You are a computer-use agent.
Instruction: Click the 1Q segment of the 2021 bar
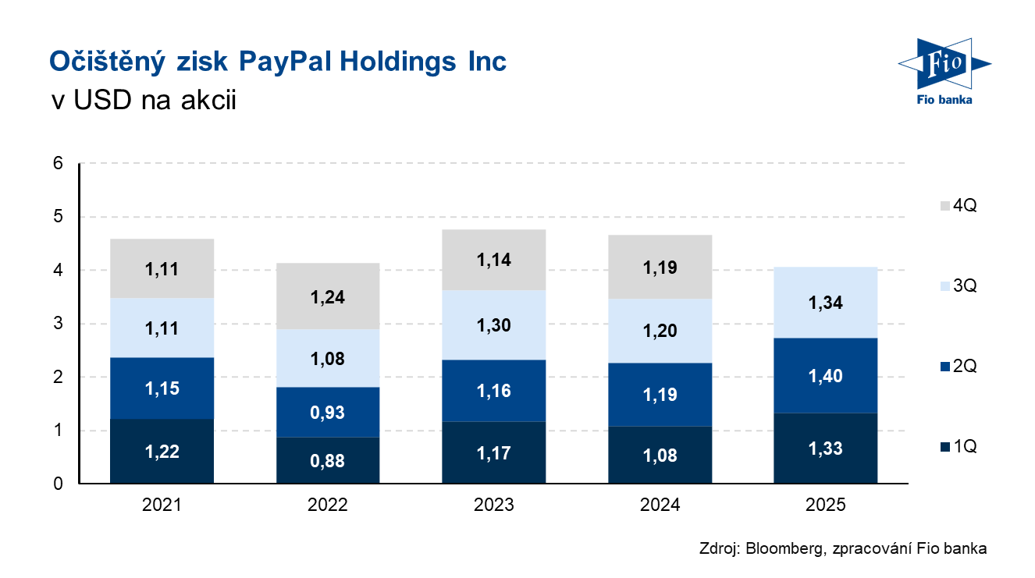pyautogui.click(x=162, y=452)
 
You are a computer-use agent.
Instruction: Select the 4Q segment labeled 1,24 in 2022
pyautogui.click(x=327, y=296)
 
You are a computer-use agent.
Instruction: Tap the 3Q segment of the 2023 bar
pyautogui.click(x=493, y=324)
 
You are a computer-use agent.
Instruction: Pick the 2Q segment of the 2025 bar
pyautogui.click(x=826, y=375)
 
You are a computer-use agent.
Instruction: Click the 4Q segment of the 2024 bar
pyautogui.click(x=660, y=268)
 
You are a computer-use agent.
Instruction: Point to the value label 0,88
pyautogui.click(x=327, y=462)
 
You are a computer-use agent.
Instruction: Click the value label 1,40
pyautogui.click(x=826, y=376)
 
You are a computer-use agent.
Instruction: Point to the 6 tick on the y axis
pyautogui.click(x=57, y=164)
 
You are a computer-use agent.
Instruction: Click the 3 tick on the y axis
pyautogui.click(x=57, y=324)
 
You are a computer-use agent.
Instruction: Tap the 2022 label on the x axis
pyautogui.click(x=327, y=505)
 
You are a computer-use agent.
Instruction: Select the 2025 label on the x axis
pyautogui.click(x=826, y=505)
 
